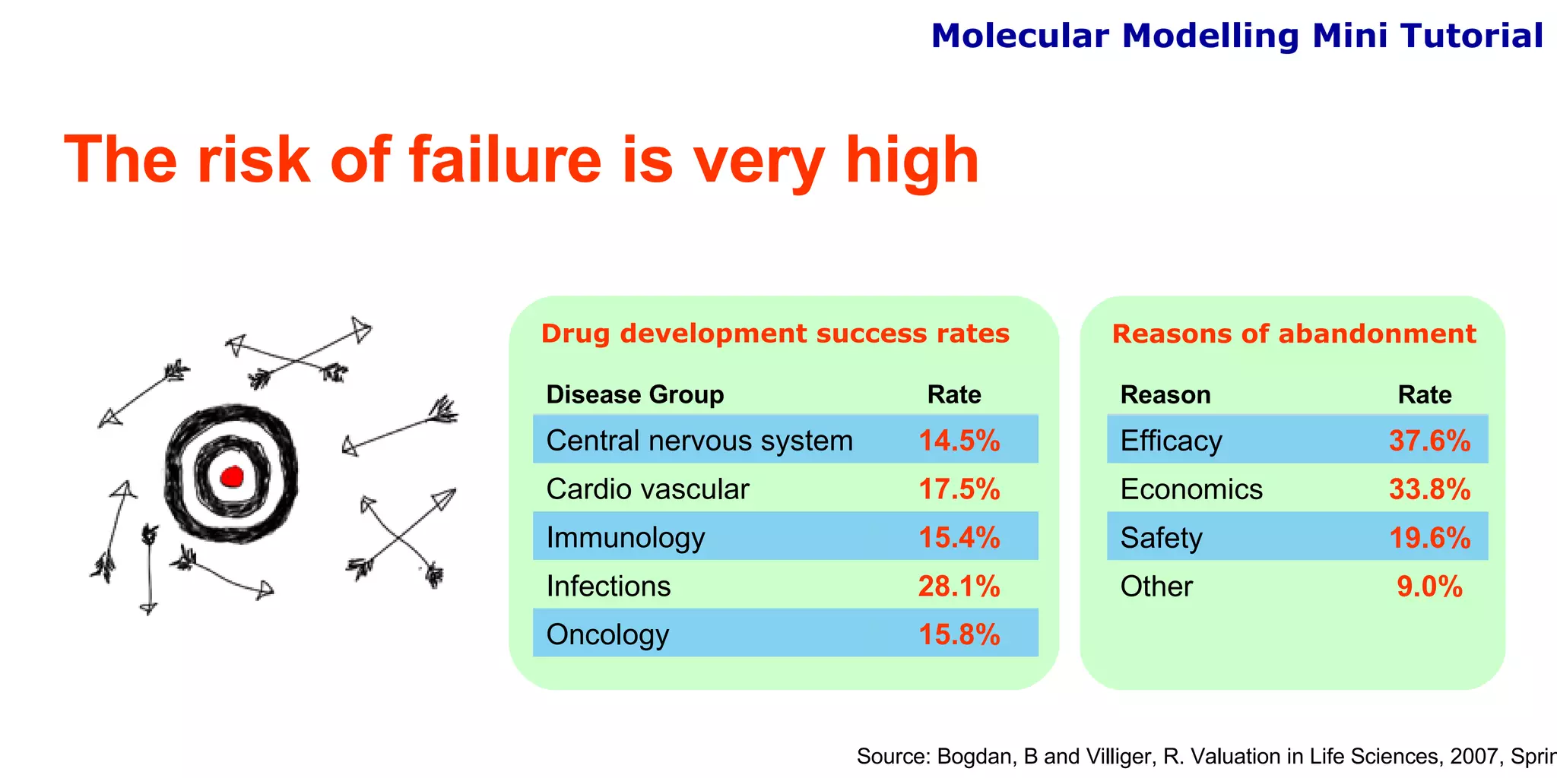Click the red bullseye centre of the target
pyautogui.click(x=231, y=477)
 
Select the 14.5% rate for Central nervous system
pyautogui.click(x=959, y=441)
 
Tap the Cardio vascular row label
pyautogui.click(x=647, y=489)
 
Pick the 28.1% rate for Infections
pyautogui.click(x=959, y=587)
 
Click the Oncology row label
pyautogui.click(x=607, y=634)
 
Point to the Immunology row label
pyautogui.click(x=625, y=538)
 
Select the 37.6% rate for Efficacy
pyautogui.click(x=1429, y=441)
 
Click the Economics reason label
pyautogui.click(x=1191, y=489)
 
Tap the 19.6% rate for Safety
pyautogui.click(x=1429, y=538)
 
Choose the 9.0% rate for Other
pyautogui.click(x=1429, y=587)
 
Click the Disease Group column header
pyautogui.click(x=635, y=395)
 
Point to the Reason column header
pyautogui.click(x=1165, y=395)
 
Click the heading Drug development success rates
pyautogui.click(x=775, y=334)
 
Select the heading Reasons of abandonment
pyautogui.click(x=1293, y=334)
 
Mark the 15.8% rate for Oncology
pyautogui.click(x=959, y=634)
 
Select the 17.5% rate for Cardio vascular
pyautogui.click(x=959, y=489)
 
